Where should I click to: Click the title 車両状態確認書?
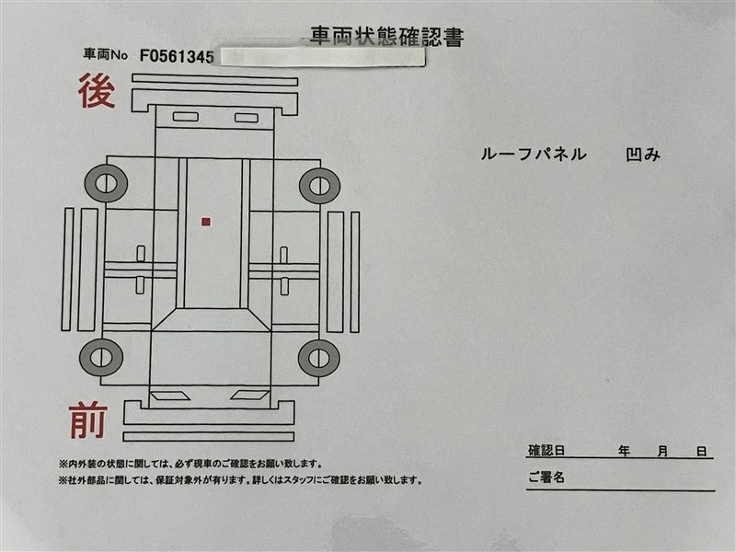(x=386, y=36)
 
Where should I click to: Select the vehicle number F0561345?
(x=177, y=56)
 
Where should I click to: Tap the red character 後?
(x=97, y=91)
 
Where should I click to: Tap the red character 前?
(x=88, y=420)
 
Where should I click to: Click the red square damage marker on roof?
(x=205, y=222)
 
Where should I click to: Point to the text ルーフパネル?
(x=534, y=155)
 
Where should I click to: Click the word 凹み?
(x=643, y=155)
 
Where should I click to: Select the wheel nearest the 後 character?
(x=106, y=183)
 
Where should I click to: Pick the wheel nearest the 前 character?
(x=101, y=357)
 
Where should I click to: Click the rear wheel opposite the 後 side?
(x=319, y=186)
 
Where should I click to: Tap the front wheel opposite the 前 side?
(x=319, y=358)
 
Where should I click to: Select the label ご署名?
(x=546, y=477)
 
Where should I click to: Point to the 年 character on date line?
(x=624, y=451)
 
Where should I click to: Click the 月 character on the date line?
(x=662, y=451)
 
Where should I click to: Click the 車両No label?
(x=106, y=54)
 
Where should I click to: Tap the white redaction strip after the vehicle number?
(x=323, y=56)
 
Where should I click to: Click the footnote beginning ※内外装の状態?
(x=190, y=465)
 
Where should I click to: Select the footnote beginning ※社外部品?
(x=240, y=480)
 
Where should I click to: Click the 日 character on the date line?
(x=701, y=451)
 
